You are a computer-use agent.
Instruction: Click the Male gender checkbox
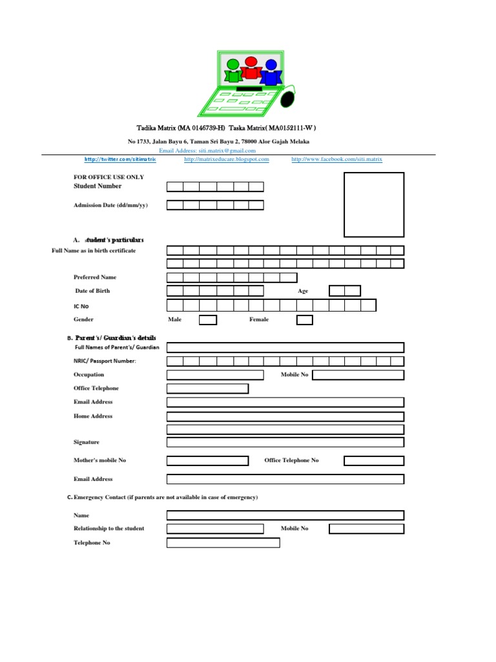coord(208,320)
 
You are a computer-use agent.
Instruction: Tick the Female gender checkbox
coord(305,320)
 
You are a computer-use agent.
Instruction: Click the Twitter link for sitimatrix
coord(120,159)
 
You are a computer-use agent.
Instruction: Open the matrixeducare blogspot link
coord(227,159)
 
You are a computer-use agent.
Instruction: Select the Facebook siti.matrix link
coord(336,159)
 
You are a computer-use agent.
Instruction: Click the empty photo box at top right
coord(374,205)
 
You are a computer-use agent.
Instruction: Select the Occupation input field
coord(215,375)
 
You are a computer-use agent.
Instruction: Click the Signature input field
coord(285,442)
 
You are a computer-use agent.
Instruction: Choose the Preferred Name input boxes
coord(231,278)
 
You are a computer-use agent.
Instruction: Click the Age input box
coord(345,291)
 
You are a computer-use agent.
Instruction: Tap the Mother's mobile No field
coord(207,461)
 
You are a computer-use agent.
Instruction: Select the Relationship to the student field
coord(215,529)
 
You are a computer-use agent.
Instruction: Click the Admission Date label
coord(110,205)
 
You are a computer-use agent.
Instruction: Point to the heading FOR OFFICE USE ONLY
coord(109,177)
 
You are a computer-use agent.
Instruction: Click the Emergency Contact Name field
coord(285,515)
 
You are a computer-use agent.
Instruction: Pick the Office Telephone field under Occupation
coord(207,389)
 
